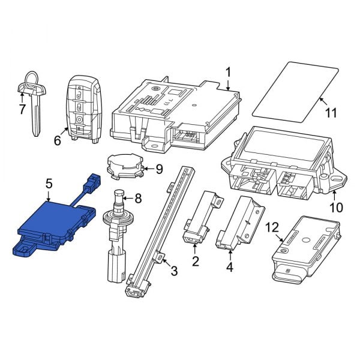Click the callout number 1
pyautogui.click(x=228, y=73)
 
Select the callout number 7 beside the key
pyautogui.click(x=22, y=110)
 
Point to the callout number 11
pyautogui.click(x=331, y=112)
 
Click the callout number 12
pyautogui.click(x=272, y=228)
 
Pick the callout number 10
pyautogui.click(x=335, y=208)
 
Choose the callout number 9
pyautogui.click(x=158, y=169)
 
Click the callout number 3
pyautogui.click(x=174, y=271)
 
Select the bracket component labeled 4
pyautogui.click(x=240, y=222)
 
